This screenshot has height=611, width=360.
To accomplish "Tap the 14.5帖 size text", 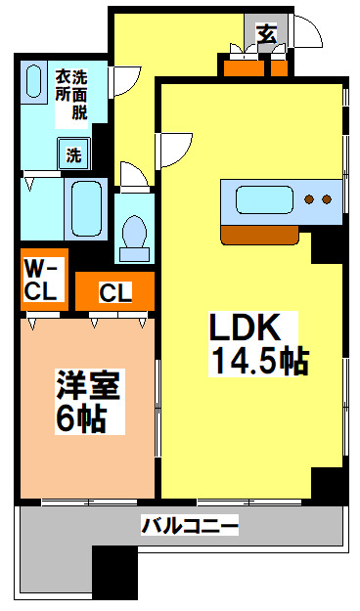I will pyautogui.click(x=256, y=361).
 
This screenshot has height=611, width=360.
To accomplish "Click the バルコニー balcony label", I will pyautogui.click(x=190, y=527).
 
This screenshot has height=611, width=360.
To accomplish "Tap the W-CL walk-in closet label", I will pyautogui.click(x=43, y=279).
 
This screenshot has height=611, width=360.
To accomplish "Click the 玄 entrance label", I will pyautogui.click(x=266, y=32).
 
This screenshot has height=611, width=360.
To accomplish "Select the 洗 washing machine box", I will pyautogui.click(x=75, y=153).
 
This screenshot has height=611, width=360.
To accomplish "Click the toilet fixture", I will pyautogui.click(x=134, y=233).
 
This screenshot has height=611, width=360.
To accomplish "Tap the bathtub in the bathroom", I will pyautogui.click(x=86, y=209).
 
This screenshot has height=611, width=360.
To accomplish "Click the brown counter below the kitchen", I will pyautogui.click(x=259, y=235).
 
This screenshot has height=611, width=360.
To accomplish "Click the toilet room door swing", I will pyautogui.click(x=134, y=175).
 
